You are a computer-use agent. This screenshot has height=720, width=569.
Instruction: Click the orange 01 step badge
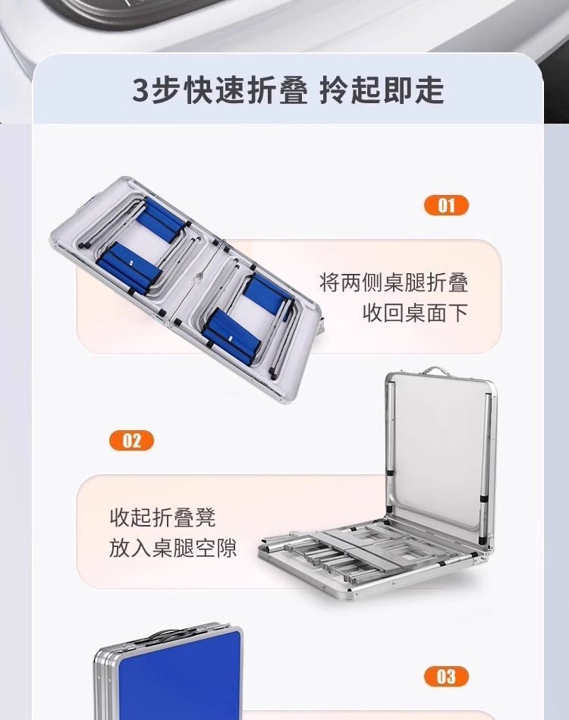pos(446,206)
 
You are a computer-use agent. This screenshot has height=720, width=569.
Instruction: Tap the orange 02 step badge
pos(132,441)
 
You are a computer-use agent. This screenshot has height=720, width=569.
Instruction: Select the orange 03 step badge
pos(446,676)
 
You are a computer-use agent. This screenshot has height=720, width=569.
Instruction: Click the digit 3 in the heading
pos(141,90)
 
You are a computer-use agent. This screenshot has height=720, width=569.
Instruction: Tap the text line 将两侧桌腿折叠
pos(394,283)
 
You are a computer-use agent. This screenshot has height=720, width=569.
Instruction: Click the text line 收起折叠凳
pos(162,518)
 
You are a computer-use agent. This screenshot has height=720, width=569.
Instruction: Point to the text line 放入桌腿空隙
pos(173,548)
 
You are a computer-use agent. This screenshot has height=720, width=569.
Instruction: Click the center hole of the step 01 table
pos(203,275)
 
